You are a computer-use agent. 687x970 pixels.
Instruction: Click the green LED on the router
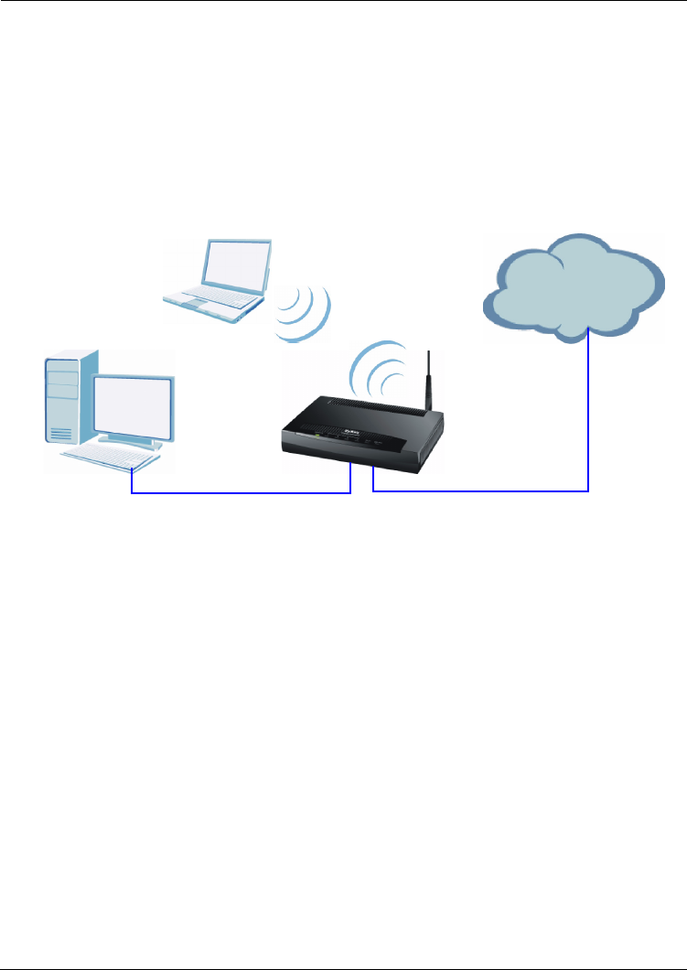point(317,437)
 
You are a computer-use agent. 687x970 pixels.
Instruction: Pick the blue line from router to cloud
point(485,492)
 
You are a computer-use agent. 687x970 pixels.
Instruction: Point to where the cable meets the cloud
point(587,336)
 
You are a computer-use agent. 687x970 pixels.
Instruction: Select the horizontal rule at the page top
point(343,1)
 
